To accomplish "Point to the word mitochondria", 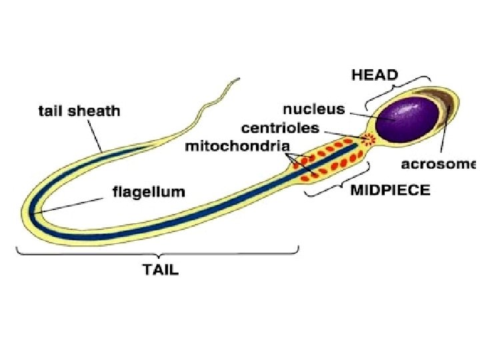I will point(247,145).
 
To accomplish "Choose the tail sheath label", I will point(79,111).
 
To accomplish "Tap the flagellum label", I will point(147,192).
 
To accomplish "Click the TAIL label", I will point(161,270).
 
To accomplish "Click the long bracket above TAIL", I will point(157,252).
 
